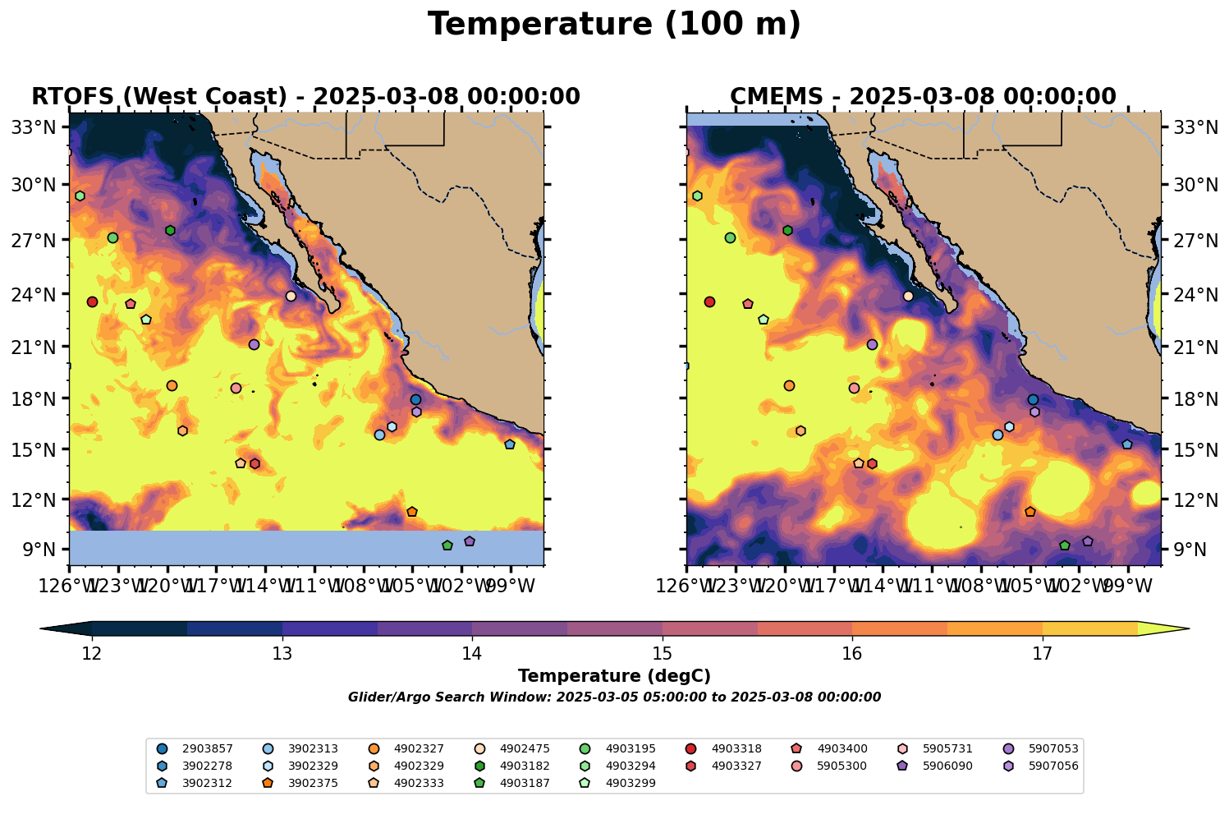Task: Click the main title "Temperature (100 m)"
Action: point(614,25)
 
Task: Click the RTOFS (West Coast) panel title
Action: point(305,97)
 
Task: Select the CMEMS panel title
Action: point(923,97)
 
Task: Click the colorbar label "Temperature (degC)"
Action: point(614,676)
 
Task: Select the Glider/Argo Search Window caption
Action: point(614,697)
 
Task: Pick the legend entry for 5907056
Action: point(1042,766)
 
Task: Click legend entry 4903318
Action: point(724,748)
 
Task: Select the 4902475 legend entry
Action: point(512,748)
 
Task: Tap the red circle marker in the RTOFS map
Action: point(92,302)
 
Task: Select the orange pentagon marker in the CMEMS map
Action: point(1030,512)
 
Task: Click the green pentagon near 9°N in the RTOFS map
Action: point(447,545)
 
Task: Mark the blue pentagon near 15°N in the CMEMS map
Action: point(1127,444)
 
